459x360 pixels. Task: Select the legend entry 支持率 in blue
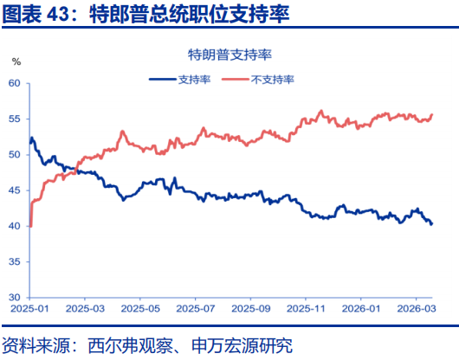(x=193, y=79)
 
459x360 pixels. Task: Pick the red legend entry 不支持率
(x=273, y=79)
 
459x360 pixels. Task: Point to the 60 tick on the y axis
(x=14, y=83)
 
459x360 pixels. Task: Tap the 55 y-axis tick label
(x=14, y=119)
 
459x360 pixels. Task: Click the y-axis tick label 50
(x=14, y=155)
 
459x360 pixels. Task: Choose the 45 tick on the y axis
(x=14, y=190)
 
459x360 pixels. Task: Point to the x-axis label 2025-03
(x=84, y=308)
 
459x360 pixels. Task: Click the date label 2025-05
(x=140, y=308)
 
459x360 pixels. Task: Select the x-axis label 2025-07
(x=196, y=308)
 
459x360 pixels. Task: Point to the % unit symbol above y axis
(x=16, y=61)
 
